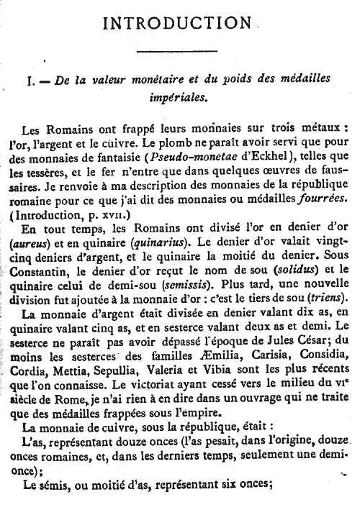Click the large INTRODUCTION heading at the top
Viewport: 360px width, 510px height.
pos(181,24)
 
